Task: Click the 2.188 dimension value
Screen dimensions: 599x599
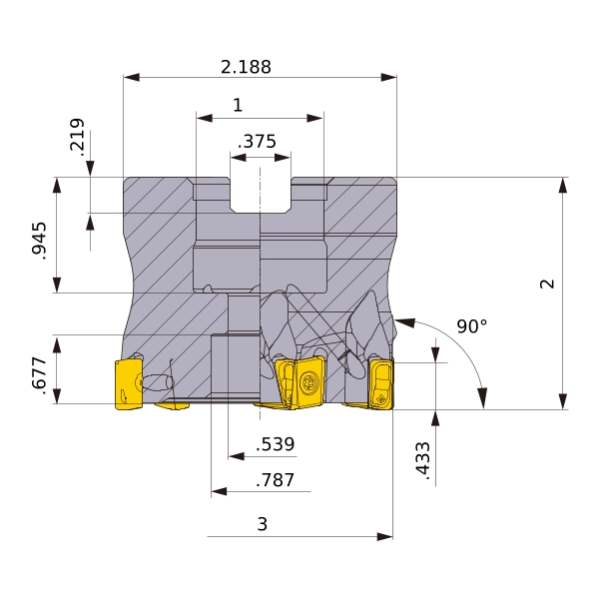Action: (246, 67)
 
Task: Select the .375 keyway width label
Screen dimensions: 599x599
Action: (257, 142)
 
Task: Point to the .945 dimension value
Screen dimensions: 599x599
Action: (39, 241)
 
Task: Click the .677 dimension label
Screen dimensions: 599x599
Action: (39, 375)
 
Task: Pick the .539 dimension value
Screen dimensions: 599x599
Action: (276, 444)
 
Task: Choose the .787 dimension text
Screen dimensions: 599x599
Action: (276, 480)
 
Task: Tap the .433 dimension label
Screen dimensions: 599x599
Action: (423, 460)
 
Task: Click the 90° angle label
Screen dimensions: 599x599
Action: (472, 326)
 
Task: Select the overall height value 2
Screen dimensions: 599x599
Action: (547, 284)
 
